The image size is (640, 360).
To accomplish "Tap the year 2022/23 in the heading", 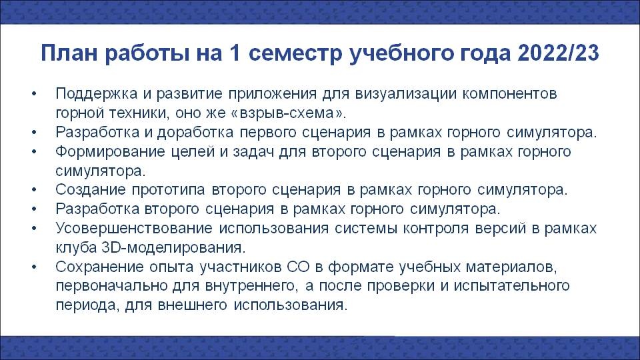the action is click(x=559, y=53).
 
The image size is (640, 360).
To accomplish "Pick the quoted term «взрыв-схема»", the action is click(x=288, y=113).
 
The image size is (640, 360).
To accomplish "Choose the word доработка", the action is click(x=195, y=133).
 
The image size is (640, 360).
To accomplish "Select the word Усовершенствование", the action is click(x=134, y=228).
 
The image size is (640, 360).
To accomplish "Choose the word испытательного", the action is click(x=512, y=286).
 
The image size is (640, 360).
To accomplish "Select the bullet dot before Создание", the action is click(x=34, y=190).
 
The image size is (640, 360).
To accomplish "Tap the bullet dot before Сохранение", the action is click(x=34, y=267).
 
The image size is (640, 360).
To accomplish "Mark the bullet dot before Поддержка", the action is click(x=34, y=94).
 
